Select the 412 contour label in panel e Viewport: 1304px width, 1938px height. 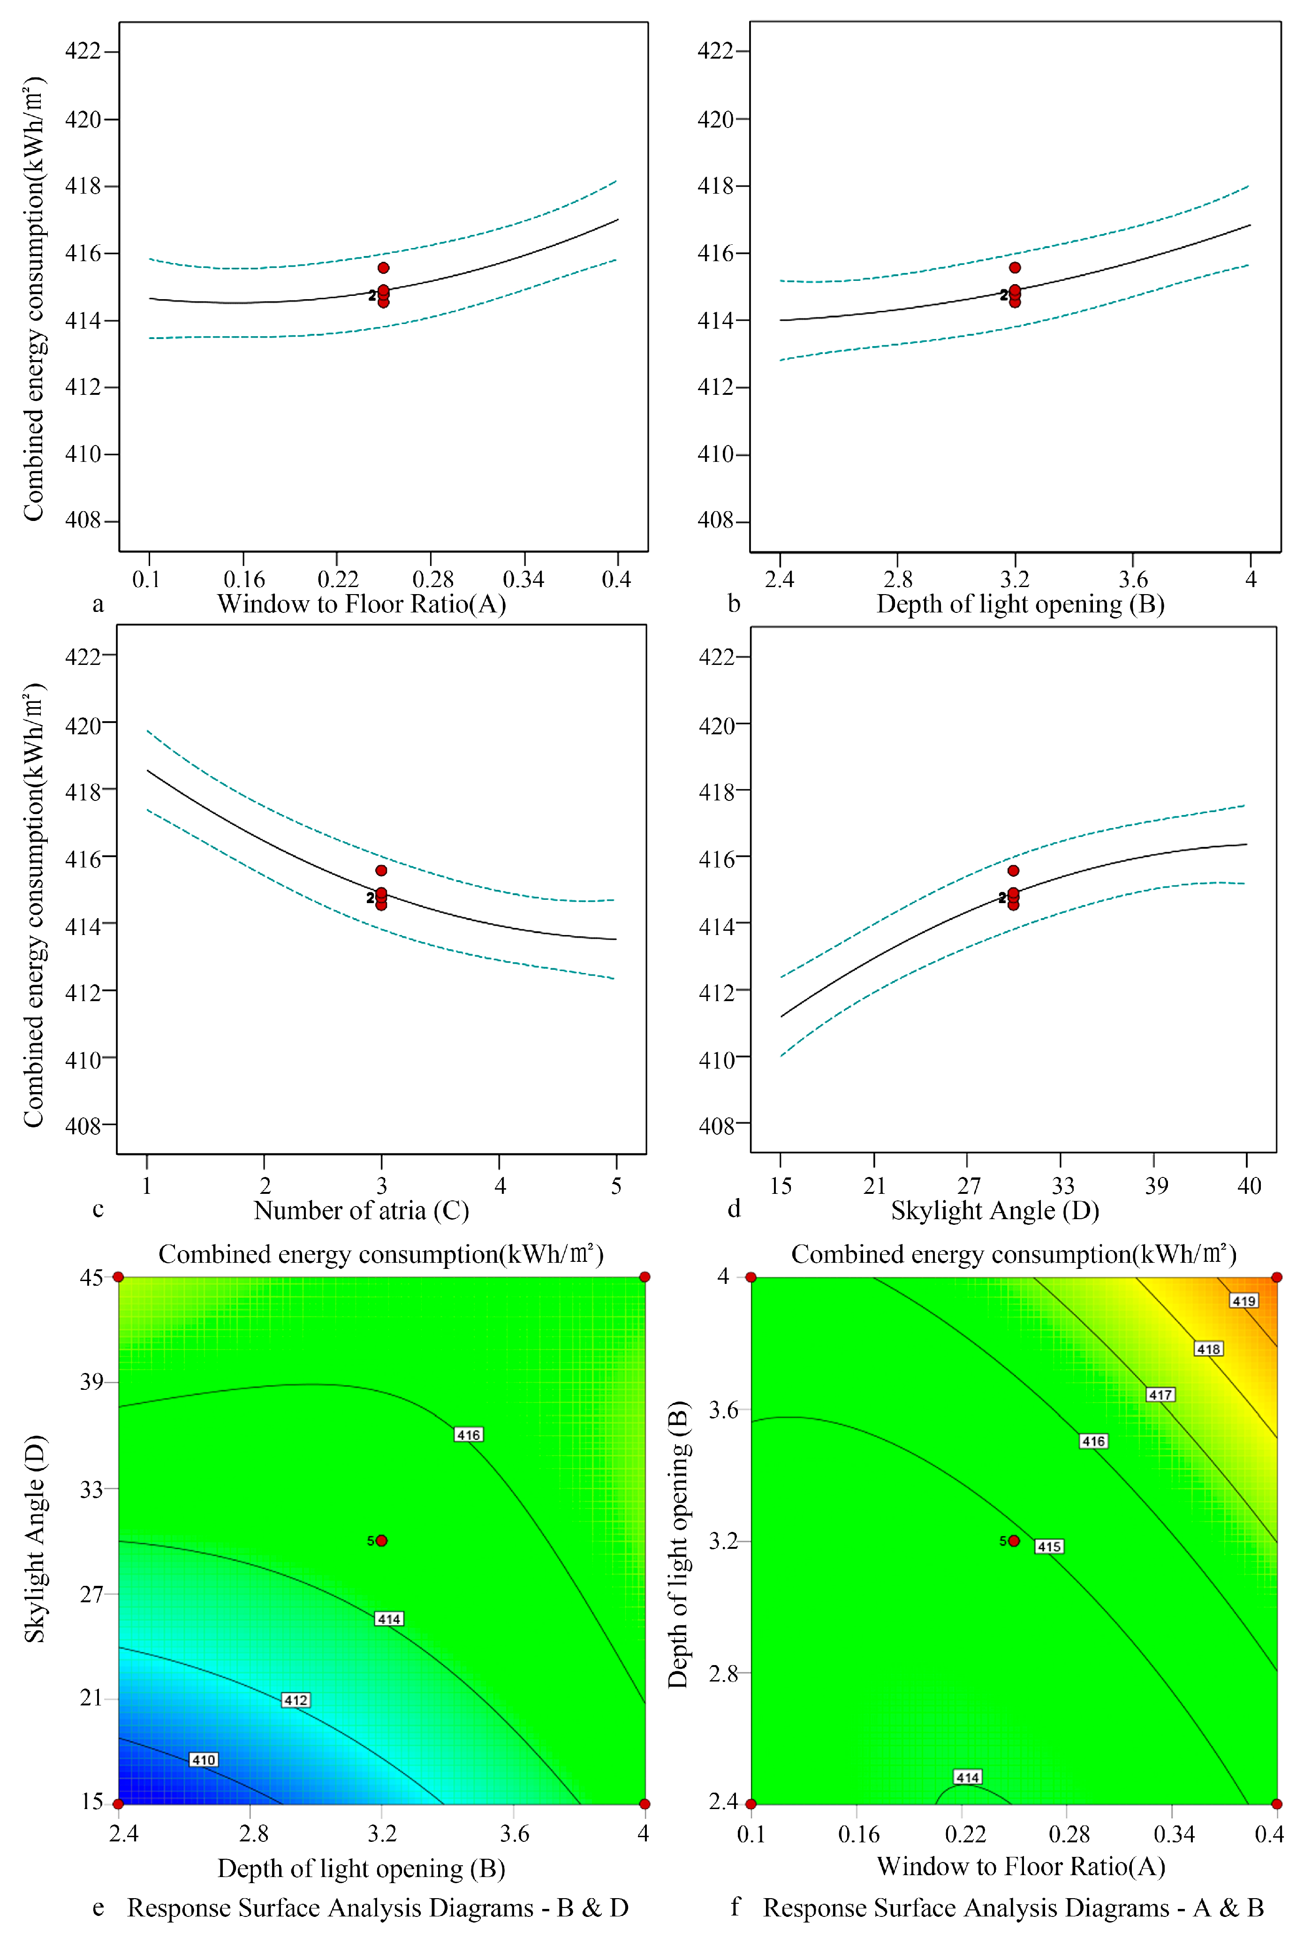click(296, 1700)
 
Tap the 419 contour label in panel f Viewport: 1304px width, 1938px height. click(1244, 1300)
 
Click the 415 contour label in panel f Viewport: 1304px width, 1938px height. click(1049, 1546)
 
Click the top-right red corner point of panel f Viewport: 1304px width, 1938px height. click(1276, 1276)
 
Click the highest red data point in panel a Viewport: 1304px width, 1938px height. click(383, 268)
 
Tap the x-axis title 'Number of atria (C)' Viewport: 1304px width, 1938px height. click(362, 1211)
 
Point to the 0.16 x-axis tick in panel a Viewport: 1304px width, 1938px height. click(243, 580)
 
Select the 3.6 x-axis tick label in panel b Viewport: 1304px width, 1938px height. click(1133, 580)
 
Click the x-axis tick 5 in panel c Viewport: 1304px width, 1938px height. click(616, 1185)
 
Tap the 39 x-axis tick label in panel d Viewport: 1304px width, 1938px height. click(1156, 1185)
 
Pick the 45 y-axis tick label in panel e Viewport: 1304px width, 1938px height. click(91, 1277)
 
